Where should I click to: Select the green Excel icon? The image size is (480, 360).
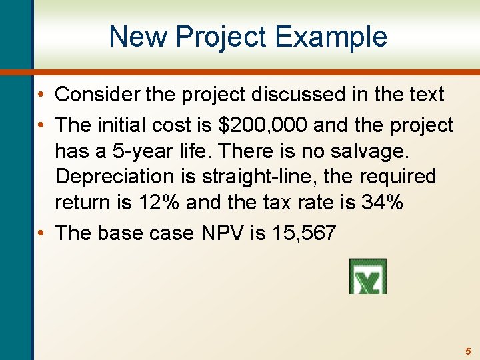367,276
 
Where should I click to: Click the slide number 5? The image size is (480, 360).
468,351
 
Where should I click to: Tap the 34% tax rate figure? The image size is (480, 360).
381,202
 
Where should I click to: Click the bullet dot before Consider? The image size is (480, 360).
42,95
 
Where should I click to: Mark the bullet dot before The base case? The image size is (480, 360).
42,233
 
